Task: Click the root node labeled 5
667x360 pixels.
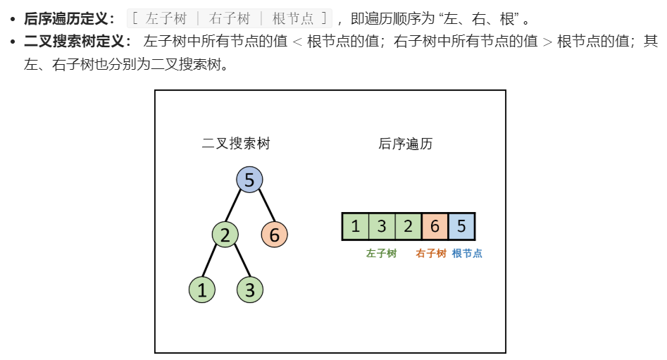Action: click(249, 180)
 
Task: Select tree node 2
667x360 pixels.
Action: click(225, 234)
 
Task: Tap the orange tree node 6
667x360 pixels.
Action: click(275, 234)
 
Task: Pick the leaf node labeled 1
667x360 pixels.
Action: click(202, 290)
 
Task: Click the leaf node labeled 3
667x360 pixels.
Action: click(249, 290)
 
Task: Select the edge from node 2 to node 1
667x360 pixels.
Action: click(213, 261)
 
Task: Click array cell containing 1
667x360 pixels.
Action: click(356, 227)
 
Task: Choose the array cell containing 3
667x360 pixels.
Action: click(382, 227)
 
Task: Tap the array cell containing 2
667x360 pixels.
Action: click(409, 227)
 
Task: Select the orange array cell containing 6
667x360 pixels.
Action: click(435, 227)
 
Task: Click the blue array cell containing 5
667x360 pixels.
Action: click(461, 227)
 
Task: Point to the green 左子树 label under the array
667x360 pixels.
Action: click(381, 254)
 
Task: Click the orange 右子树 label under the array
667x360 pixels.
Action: click(431, 254)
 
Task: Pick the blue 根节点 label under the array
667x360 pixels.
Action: click(467, 254)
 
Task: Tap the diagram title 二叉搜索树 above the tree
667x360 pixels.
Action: click(236, 144)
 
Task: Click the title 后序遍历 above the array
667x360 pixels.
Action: click(405, 144)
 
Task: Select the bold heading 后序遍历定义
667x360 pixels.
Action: click(68, 19)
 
